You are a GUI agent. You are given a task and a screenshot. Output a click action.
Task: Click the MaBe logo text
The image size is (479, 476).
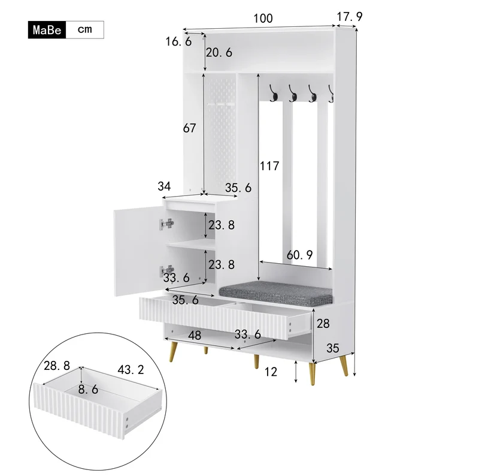47,30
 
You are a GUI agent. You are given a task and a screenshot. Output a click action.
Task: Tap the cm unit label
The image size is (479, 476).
84,29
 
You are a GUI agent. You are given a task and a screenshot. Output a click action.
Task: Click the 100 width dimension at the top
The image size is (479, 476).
263,19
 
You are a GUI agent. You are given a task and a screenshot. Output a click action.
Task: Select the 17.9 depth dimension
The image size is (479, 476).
350,17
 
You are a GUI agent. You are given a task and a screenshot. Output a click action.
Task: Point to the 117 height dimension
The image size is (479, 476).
269,166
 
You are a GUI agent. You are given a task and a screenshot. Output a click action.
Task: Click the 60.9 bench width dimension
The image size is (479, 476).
300,255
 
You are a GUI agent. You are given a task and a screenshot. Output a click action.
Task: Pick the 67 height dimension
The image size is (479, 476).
189,128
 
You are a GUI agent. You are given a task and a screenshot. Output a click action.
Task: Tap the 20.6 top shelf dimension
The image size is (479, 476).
219,53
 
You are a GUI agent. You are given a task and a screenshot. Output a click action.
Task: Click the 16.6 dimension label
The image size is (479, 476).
178,41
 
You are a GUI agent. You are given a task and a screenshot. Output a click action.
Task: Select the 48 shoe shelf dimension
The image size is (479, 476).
195,336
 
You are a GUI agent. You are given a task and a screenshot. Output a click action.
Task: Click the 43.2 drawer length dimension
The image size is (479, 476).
131,370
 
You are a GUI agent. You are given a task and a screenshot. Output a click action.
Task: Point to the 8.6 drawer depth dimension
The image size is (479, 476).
88,390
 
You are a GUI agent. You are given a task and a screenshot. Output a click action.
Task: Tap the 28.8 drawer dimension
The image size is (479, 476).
57,366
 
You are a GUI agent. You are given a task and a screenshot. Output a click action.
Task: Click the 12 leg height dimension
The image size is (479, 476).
271,372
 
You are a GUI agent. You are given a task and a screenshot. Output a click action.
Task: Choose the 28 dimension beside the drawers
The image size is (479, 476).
323,323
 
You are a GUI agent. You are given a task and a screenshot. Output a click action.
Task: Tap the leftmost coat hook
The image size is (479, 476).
273,93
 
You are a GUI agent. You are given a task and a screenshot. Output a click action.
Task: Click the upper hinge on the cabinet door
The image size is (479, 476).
167,224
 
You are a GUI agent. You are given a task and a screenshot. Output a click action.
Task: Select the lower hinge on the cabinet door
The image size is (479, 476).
167,271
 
